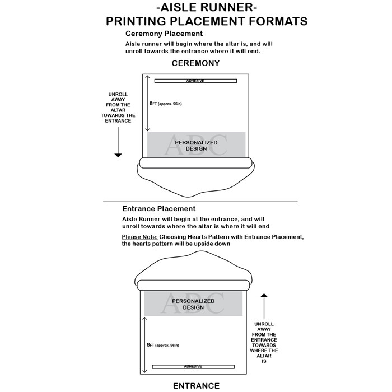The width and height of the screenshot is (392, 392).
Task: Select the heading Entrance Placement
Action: [158, 209]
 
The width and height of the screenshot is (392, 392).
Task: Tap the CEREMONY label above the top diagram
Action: [195, 63]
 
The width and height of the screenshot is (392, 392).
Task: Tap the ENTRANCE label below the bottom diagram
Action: [195, 385]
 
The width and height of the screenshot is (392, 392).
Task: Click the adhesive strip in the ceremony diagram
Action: [195, 81]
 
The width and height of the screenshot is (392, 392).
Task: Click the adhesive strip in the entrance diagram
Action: [193, 366]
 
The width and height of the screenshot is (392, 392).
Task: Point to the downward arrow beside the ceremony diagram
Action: [118, 142]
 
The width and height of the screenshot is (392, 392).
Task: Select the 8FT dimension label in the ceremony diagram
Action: [166, 104]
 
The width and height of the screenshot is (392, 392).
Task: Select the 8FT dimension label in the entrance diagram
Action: [164, 345]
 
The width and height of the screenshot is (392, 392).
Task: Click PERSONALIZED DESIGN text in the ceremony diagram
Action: [196, 146]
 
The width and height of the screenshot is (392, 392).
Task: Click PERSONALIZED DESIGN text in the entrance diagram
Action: [193, 304]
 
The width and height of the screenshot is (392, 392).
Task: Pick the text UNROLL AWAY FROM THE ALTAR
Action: [118, 107]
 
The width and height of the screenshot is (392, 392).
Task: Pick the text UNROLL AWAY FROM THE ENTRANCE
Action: [265, 342]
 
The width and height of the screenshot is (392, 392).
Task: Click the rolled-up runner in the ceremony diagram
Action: [196, 163]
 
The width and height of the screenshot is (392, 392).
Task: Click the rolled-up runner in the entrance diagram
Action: [193, 284]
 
